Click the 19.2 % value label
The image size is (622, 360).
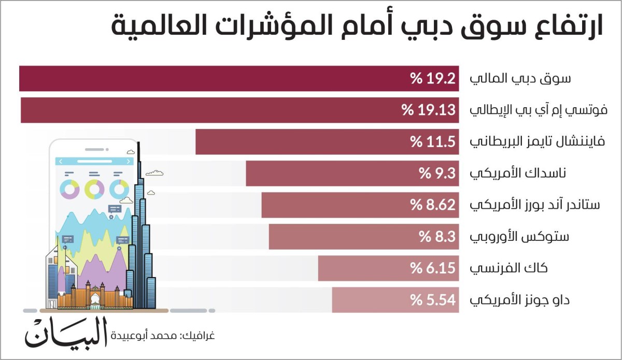(433, 79)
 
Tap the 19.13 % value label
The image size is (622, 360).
(429, 110)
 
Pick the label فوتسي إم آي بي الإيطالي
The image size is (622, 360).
(534, 110)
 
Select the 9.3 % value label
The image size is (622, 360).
(437, 174)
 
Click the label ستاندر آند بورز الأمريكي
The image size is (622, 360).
(534, 205)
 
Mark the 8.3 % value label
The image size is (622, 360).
(437, 237)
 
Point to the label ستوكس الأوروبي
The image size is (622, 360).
(519, 237)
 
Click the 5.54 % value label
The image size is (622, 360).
(433, 300)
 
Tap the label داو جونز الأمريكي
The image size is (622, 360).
(520, 300)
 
